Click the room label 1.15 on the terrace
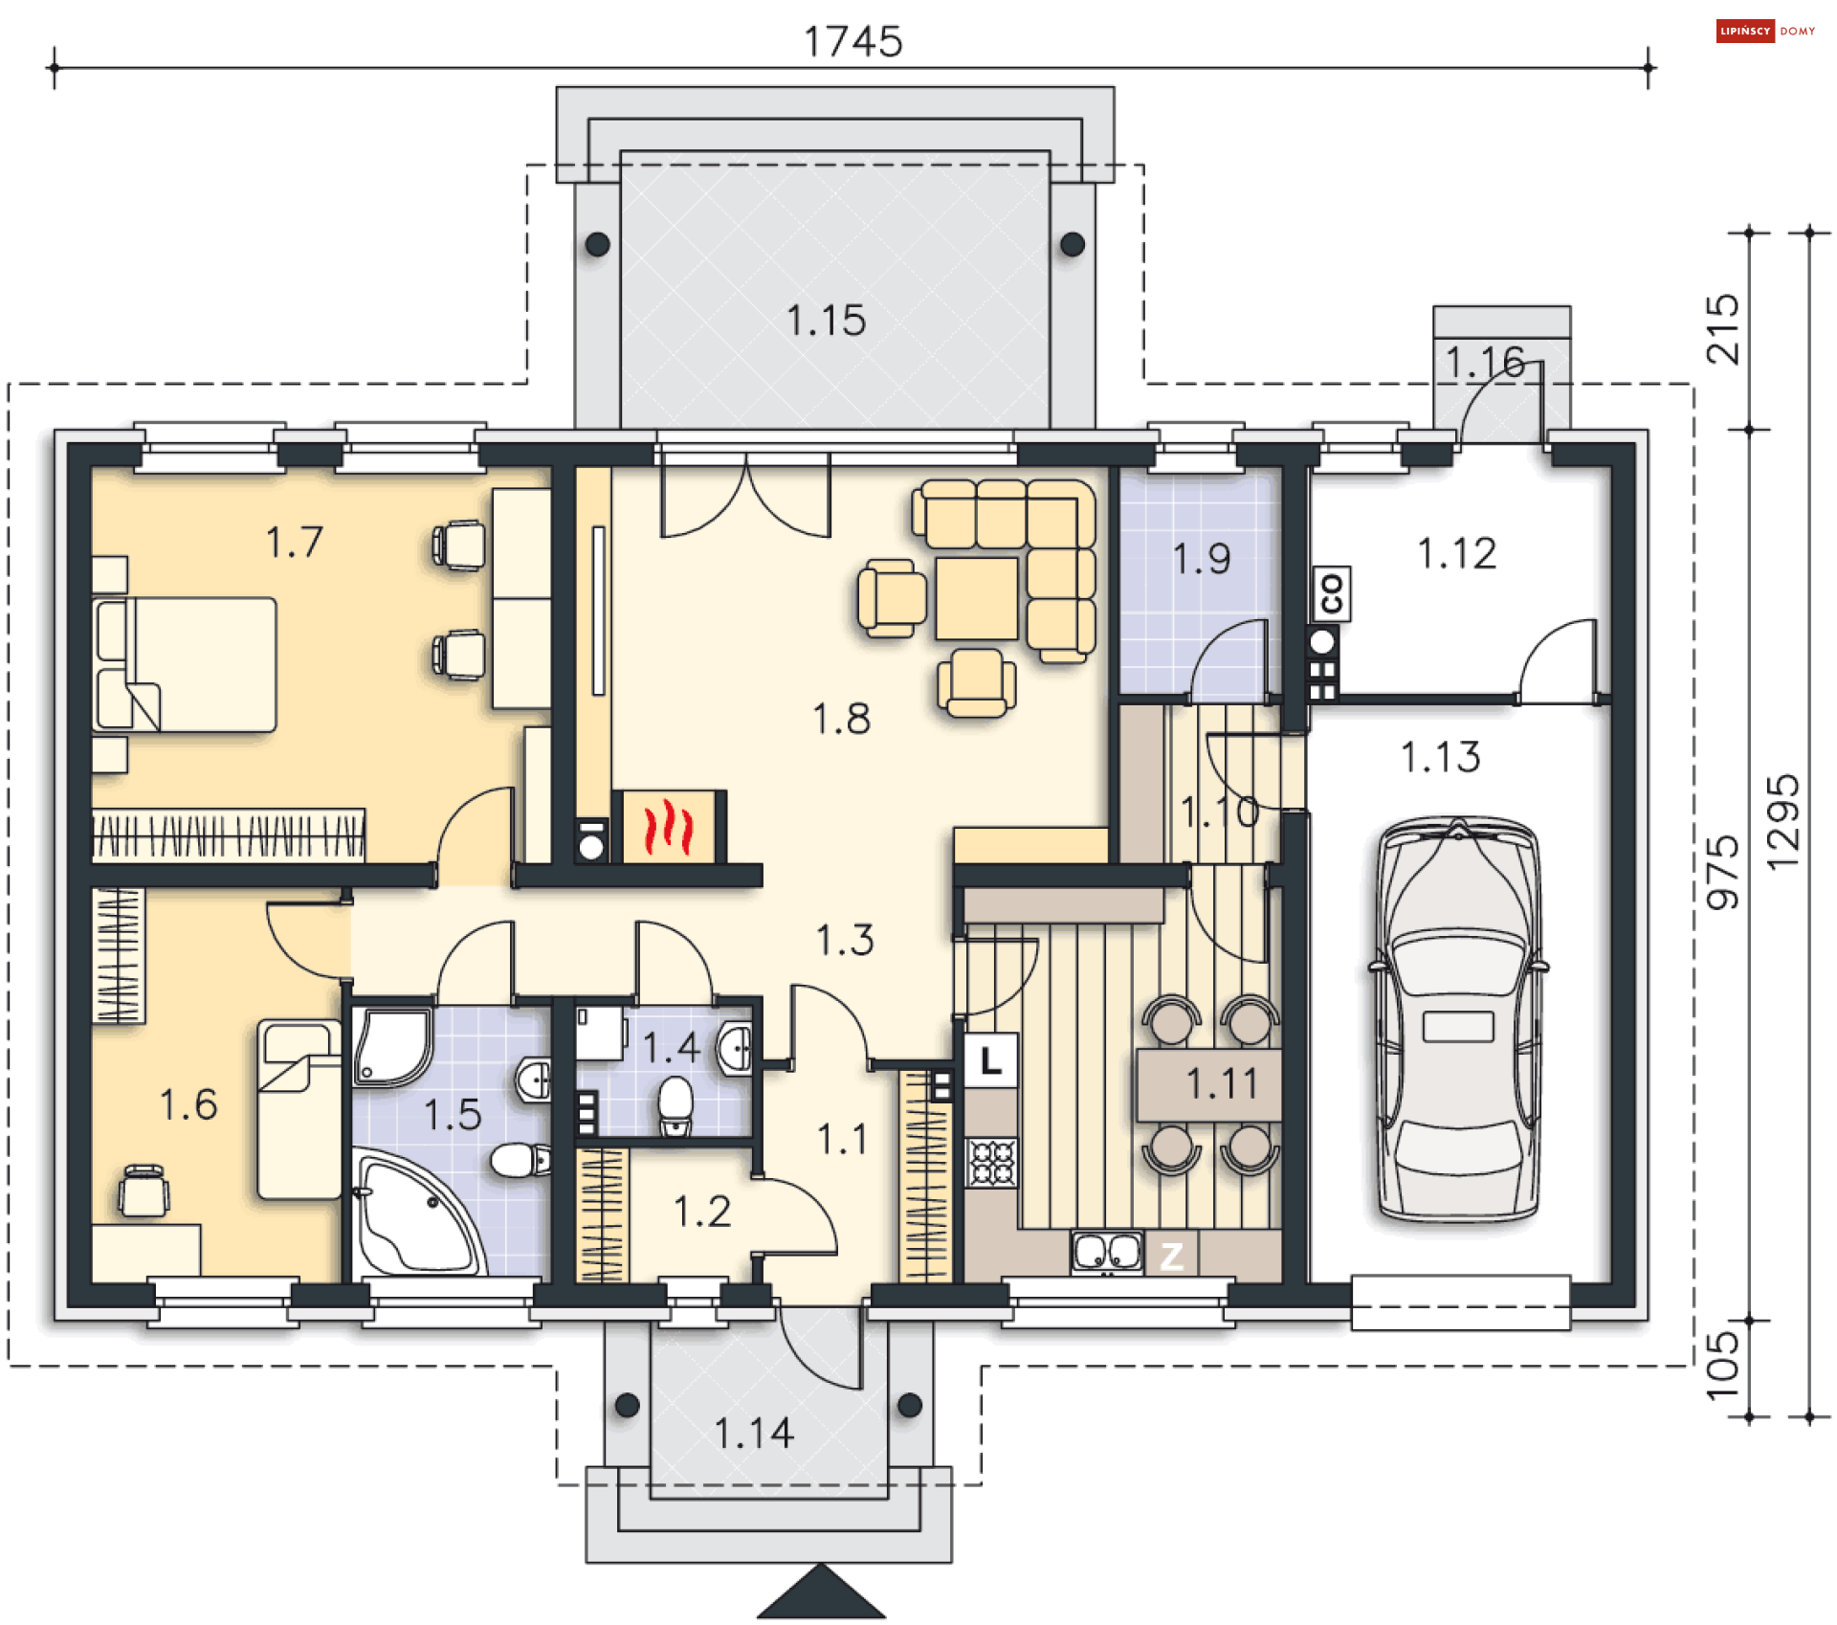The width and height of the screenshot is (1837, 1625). click(827, 321)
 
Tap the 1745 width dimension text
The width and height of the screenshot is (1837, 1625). click(852, 42)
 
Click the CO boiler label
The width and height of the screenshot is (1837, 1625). click(1332, 594)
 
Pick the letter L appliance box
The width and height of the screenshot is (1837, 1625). click(990, 1060)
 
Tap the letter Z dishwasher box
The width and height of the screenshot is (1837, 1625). click(1172, 1256)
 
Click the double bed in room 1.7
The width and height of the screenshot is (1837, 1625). click(185, 665)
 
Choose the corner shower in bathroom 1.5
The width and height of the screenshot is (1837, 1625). click(391, 1045)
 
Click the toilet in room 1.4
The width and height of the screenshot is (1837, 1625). click(675, 1106)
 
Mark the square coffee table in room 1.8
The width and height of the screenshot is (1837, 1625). click(977, 598)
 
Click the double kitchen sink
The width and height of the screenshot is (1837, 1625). click(1107, 1252)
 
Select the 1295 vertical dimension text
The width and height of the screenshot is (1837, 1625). click(1782, 822)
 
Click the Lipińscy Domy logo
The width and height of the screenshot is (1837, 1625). click(1766, 32)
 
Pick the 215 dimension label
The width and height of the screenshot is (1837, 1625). click(1722, 329)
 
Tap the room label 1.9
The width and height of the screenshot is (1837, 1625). click(1202, 559)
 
